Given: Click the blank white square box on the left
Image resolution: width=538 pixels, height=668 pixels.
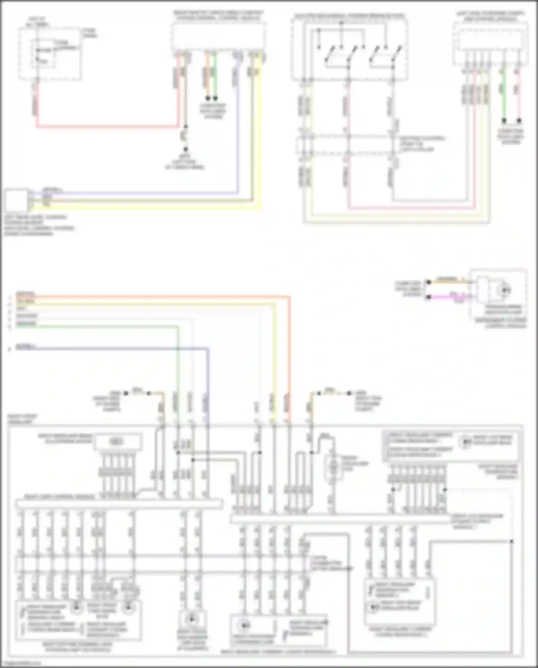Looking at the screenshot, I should point(16,201).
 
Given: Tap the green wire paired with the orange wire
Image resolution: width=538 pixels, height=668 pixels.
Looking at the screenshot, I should point(215,75).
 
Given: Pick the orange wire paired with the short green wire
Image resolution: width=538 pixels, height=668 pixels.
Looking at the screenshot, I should point(207,75).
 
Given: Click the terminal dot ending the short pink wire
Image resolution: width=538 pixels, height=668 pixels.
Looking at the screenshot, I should point(519,121).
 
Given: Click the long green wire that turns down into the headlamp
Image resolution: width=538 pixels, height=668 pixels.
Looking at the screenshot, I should point(108,326).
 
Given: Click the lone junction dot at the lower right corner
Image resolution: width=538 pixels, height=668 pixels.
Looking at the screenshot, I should point(511,541).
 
